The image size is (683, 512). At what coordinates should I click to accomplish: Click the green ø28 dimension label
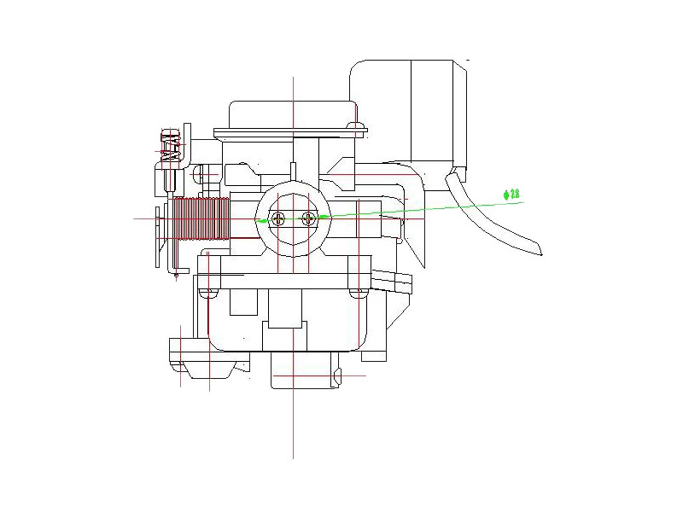pos(513,195)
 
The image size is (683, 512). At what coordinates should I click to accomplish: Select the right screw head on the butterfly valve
pos(309,218)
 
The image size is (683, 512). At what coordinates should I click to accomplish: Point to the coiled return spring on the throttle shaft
pos(201,220)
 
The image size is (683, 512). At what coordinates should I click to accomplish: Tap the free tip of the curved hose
pos(543,253)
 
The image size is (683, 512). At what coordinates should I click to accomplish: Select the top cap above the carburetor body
pos(292,112)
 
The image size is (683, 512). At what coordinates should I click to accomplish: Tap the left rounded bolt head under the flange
pos(205,293)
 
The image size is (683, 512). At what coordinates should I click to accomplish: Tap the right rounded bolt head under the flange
pos(361,293)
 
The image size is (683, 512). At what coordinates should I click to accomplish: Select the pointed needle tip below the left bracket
pos(176,275)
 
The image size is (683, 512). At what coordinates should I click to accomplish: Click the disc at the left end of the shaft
pos(157,237)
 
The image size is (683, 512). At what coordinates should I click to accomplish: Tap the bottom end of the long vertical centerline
pos(293,457)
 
